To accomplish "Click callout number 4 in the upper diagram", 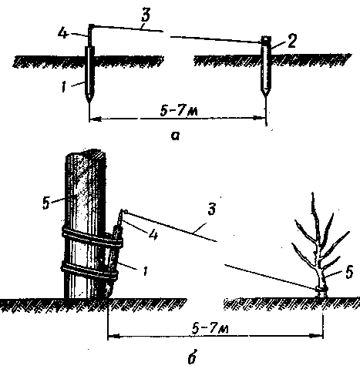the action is tap(63, 34).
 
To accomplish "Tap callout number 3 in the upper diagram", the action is tap(145, 15).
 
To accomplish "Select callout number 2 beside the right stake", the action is tap(291, 42).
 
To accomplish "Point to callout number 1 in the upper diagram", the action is tap(64, 87).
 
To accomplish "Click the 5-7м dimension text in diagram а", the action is tap(179, 112).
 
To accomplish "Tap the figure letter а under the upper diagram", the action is tap(175, 136).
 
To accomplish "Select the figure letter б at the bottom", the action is tap(193, 357).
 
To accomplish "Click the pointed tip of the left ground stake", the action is tap(89, 102).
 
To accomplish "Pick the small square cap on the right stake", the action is tap(266, 39).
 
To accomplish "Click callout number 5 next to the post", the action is tap(46, 203).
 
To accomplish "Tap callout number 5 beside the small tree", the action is tap(348, 271).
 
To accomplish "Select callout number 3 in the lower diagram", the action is tap(211, 209).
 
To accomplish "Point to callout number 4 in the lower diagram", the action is tap(153, 235).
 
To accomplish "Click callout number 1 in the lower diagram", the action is tap(145, 270).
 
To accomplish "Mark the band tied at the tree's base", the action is tap(321, 289).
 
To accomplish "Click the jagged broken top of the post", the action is tap(86, 153).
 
